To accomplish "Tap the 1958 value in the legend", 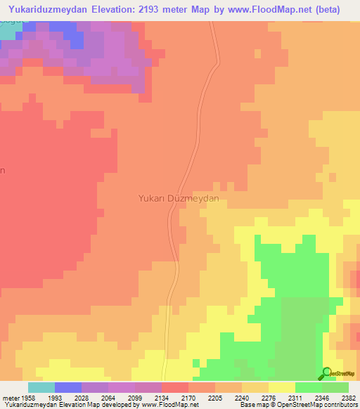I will coord(27,397).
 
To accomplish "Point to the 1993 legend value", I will coord(54,397).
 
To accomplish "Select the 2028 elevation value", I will coord(81,397).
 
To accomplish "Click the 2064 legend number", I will coord(108,397).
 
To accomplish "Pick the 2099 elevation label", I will coord(134,397).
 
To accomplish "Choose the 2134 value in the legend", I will coord(161,397).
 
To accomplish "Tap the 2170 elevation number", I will coord(188,397).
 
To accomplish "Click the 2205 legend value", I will coord(214,397).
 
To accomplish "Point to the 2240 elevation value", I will coord(241,397).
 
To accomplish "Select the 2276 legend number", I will coord(268,397).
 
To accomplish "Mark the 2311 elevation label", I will coord(295,397).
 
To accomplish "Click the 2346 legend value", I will coord(321,397).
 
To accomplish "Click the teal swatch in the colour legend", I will coord(41,387).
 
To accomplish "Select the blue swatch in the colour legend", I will coord(67,387).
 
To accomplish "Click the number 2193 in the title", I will coord(165,10).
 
